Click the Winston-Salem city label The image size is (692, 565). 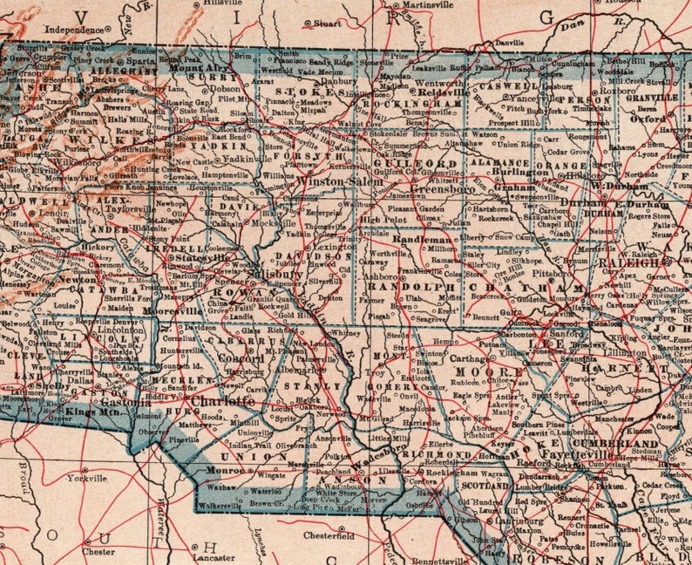click(x=333, y=180)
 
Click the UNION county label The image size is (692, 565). click(x=245, y=456)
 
